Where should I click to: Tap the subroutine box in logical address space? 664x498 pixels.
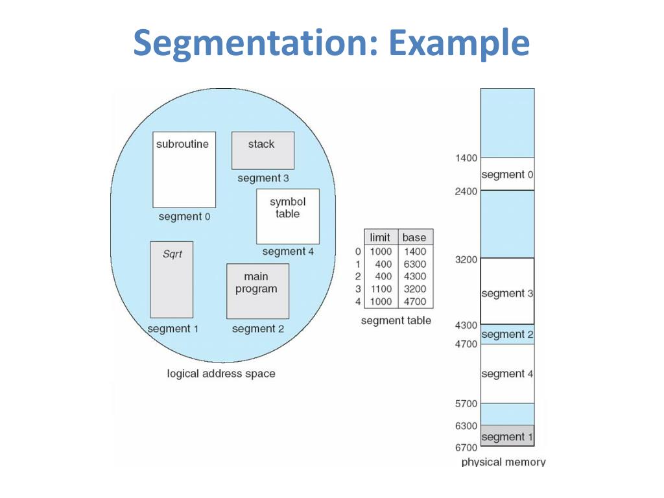[184, 169]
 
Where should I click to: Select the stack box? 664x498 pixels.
[263, 150]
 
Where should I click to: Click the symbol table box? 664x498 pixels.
[288, 216]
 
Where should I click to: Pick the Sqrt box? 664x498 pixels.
[172, 279]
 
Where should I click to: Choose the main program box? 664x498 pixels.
[257, 291]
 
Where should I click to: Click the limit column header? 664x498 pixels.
[380, 237]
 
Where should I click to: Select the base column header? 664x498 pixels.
[414, 237]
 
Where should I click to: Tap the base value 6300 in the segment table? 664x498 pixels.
[414, 264]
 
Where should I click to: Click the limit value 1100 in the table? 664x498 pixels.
[381, 289]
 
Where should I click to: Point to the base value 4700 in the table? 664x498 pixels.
[414, 302]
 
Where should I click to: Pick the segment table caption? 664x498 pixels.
[396, 320]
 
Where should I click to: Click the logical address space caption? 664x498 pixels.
[221, 373]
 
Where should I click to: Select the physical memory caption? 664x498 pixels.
[503, 462]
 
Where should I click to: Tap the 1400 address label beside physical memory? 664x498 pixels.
[466, 158]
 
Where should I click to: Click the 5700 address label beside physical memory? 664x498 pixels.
[466, 403]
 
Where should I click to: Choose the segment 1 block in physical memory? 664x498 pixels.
[507, 436]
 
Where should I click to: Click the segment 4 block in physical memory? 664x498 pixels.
[507, 373]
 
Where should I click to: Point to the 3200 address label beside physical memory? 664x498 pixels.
[466, 259]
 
